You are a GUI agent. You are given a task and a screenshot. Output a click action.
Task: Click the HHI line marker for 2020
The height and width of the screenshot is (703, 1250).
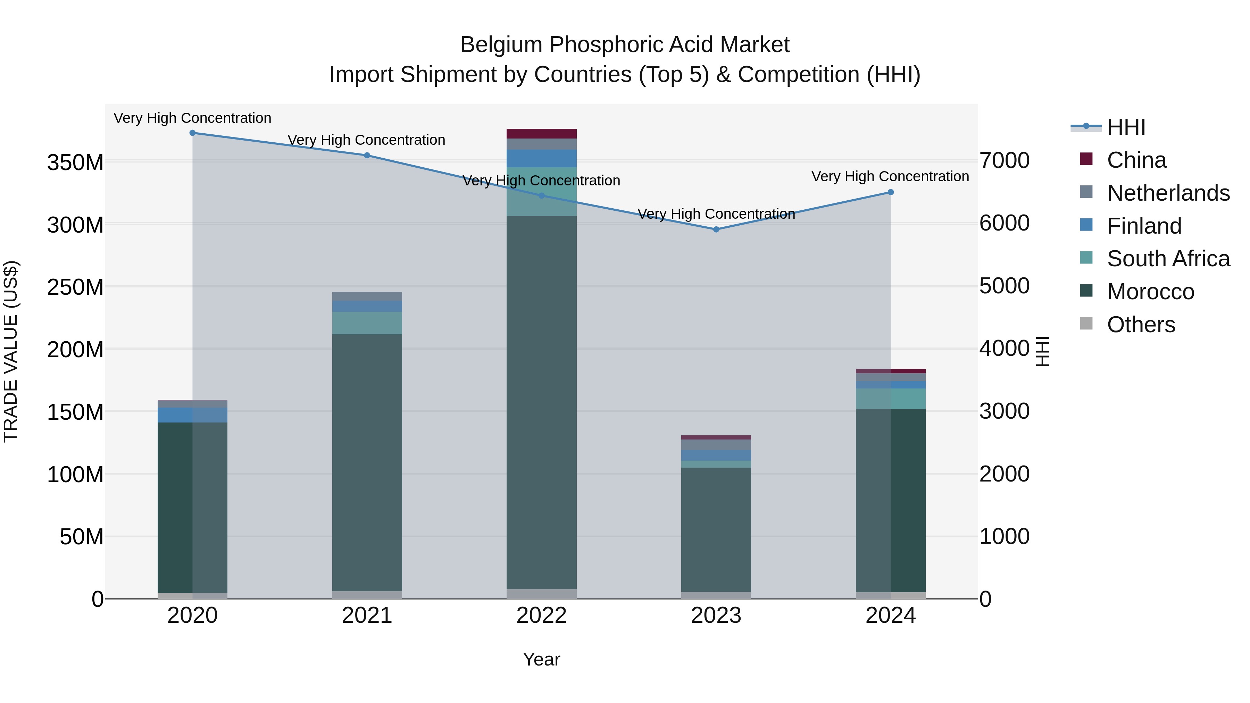[193, 133]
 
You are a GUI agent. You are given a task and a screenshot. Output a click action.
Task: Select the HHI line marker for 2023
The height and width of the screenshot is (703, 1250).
[716, 229]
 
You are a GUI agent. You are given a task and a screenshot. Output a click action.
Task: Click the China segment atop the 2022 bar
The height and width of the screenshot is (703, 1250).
[542, 134]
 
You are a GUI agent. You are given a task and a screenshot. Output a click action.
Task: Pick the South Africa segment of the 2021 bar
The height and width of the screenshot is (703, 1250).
[367, 323]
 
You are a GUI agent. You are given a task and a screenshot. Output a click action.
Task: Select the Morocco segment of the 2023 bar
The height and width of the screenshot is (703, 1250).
[716, 529]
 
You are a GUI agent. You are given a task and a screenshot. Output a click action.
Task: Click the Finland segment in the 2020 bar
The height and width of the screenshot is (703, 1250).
[193, 415]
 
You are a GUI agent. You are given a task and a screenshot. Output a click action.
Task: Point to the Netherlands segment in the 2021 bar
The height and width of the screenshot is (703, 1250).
[367, 296]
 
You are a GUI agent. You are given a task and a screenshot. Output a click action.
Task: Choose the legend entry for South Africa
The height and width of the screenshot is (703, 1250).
[1168, 259]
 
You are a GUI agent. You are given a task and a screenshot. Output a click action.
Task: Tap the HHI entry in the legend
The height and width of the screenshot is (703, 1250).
[1126, 127]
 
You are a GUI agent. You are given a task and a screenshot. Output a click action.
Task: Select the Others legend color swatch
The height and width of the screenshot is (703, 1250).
[1086, 324]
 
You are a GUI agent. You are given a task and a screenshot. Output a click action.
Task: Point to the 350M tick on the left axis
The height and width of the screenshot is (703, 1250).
[75, 162]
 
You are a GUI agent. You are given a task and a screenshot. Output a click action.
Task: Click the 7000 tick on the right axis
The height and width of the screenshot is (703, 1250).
[1004, 161]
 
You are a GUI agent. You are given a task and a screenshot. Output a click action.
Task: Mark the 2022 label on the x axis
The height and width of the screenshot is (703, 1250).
[542, 616]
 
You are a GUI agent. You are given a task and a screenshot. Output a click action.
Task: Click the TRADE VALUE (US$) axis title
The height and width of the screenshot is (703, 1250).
[11, 351]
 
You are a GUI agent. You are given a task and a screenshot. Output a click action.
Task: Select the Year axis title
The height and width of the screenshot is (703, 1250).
[542, 659]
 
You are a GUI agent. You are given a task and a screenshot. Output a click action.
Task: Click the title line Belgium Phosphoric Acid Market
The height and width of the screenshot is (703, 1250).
[625, 45]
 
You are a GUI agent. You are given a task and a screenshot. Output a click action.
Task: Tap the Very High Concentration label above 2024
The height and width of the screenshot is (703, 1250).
[890, 177]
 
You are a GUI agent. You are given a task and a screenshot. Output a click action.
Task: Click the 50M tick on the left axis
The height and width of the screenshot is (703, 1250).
[82, 537]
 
